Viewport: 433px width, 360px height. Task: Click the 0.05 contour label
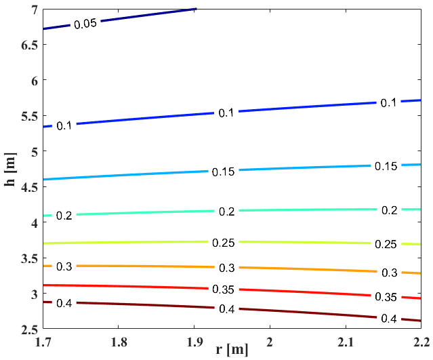coord(86,24)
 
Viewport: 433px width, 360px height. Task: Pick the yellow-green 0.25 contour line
coord(136,242)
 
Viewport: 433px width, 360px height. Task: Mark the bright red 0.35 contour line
coord(136,287)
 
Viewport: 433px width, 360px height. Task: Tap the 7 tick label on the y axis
coord(31,9)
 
